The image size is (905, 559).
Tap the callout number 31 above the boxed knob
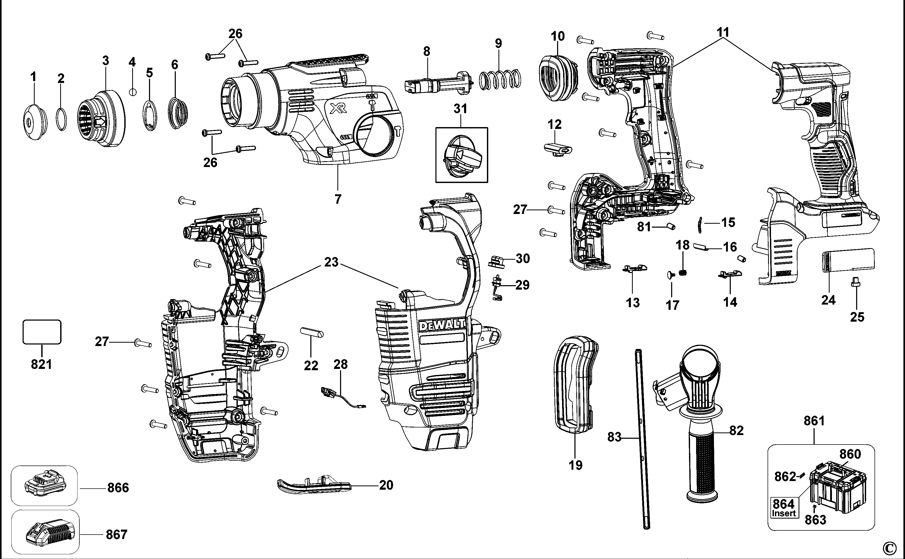coord(461,109)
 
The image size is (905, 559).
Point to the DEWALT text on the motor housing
coord(442,325)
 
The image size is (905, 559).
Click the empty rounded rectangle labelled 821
coord(42,332)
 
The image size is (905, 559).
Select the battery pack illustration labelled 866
coord(44,485)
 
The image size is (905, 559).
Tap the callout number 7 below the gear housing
coord(338,199)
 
